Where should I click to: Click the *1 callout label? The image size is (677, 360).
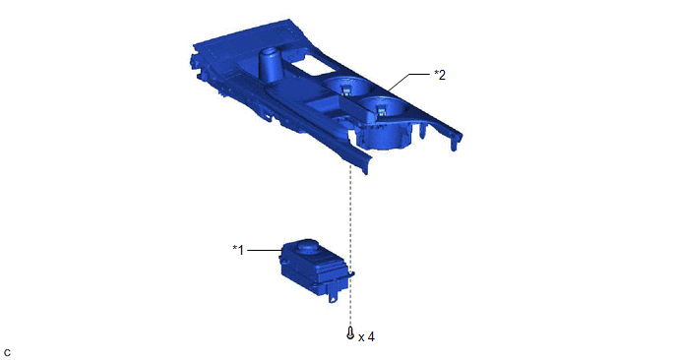[x=238, y=250]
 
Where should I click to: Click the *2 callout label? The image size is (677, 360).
[x=440, y=75]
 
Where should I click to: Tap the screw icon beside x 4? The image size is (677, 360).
[x=350, y=332]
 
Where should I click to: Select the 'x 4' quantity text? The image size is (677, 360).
[x=367, y=336]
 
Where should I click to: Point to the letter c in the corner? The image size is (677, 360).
[x=7, y=353]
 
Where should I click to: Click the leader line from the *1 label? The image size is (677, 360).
[x=266, y=250]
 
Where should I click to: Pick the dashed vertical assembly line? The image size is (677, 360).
[x=350, y=244]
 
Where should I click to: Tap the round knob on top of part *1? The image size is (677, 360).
[x=307, y=247]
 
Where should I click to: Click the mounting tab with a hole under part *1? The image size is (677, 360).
[x=334, y=296]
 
